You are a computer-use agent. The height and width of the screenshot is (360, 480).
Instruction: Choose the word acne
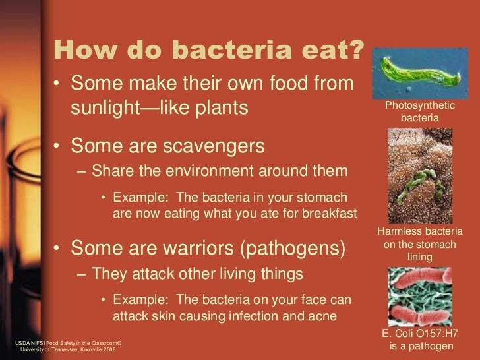[x=324, y=316]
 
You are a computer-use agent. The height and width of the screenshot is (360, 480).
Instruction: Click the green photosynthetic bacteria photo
[x=419, y=72]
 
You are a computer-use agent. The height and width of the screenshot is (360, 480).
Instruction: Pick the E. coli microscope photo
[x=419, y=297]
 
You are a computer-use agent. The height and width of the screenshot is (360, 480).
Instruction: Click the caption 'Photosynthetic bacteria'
[x=420, y=111]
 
